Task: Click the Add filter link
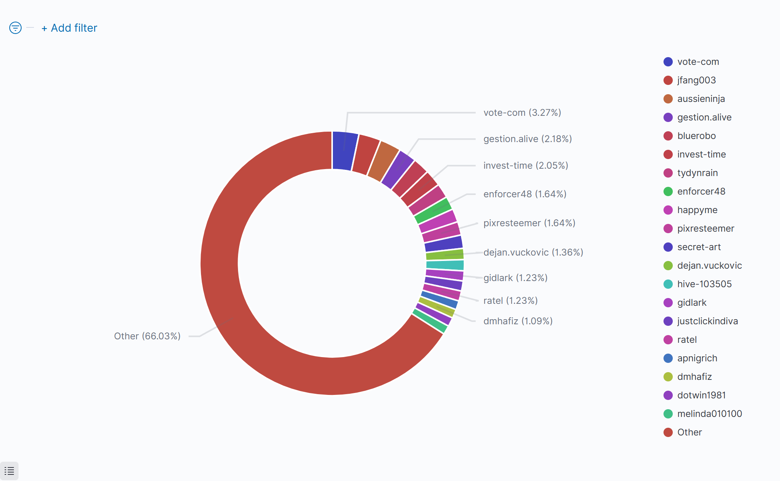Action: click(69, 28)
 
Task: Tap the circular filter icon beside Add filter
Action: click(15, 28)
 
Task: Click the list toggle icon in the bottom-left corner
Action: click(9, 471)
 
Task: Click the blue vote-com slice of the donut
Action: click(344, 151)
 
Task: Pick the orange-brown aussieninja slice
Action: click(383, 161)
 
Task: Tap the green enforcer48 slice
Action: click(432, 211)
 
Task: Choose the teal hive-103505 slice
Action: click(445, 265)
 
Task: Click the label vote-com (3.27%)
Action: click(522, 113)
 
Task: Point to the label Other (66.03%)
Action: click(147, 336)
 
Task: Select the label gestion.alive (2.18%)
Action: click(527, 139)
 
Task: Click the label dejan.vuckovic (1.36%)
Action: click(533, 252)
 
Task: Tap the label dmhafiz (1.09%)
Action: click(518, 321)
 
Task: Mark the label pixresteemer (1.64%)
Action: click(529, 223)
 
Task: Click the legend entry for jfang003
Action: click(696, 80)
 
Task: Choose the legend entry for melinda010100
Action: click(709, 414)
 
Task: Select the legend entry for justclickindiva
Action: click(707, 321)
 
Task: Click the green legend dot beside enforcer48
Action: click(668, 191)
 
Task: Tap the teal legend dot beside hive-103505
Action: click(668, 284)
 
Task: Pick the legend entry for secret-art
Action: click(699, 247)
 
